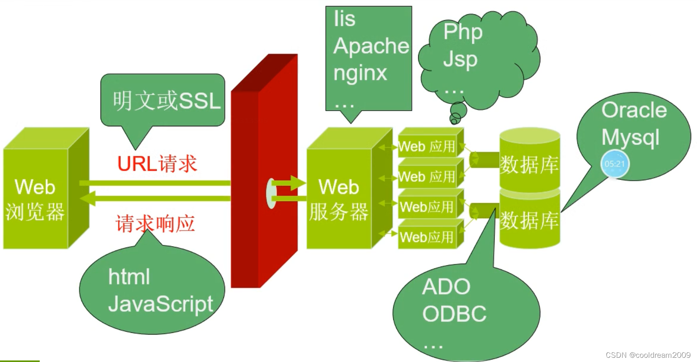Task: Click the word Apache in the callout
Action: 371,46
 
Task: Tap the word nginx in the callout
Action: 360,73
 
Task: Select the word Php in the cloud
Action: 463,32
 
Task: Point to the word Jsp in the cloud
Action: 460,59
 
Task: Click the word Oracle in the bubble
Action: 634,110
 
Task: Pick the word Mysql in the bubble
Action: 630,138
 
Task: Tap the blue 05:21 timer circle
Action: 615,164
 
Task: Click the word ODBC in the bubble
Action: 454,314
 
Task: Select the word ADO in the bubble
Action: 446,287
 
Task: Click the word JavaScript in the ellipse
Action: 161,304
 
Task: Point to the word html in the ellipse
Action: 129,277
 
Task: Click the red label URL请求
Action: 157,164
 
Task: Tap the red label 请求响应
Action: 155,223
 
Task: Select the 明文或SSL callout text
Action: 166,101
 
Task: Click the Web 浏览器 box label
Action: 35,199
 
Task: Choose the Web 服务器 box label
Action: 339,199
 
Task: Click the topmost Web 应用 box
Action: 427,147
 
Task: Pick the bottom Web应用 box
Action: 427,237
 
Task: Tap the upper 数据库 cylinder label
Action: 529,164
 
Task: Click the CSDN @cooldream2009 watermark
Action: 648,355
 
